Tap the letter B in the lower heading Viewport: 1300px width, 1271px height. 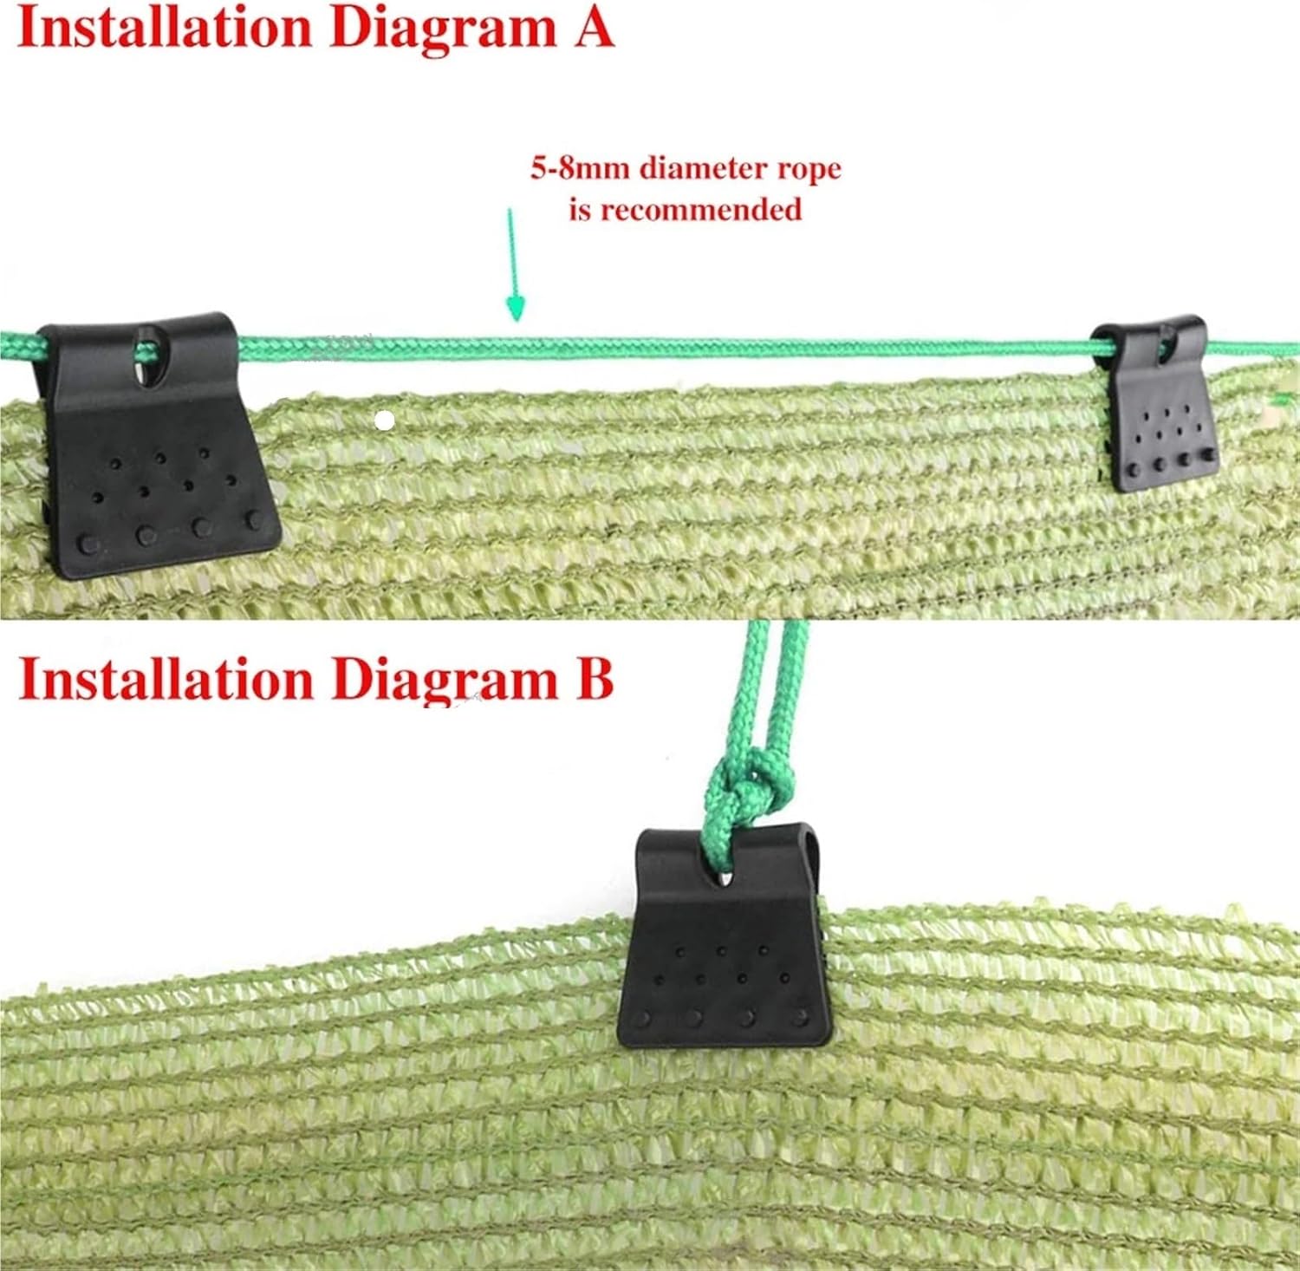(595, 679)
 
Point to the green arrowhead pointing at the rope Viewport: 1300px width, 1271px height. (516, 307)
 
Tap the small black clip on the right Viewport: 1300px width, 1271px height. (1157, 407)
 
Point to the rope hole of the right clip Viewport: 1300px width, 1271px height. (1167, 346)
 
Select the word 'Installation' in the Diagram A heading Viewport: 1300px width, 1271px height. (165, 28)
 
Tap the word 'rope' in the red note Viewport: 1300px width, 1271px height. (808, 167)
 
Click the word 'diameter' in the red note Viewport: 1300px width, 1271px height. (703, 167)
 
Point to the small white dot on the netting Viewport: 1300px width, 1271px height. (386, 421)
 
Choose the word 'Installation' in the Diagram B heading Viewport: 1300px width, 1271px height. (165, 679)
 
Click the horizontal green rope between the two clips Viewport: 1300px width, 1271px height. (659, 348)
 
